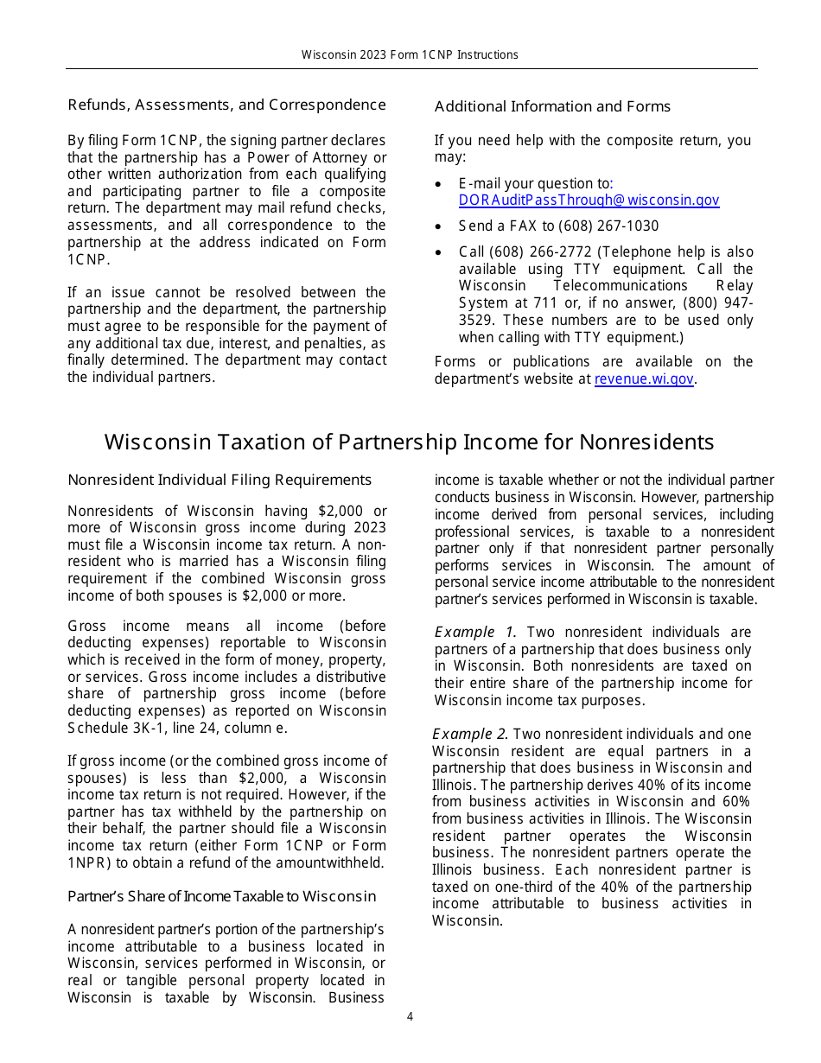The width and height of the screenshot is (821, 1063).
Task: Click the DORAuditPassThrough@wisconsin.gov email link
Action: point(589,201)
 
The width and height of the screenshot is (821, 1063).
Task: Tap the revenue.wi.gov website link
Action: point(644,379)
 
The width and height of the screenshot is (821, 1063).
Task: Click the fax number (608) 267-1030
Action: point(608,226)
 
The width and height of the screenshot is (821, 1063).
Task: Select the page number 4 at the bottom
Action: point(410,1016)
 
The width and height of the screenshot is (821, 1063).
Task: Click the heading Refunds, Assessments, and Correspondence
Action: point(226,105)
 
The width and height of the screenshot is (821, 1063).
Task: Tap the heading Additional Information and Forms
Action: point(552,107)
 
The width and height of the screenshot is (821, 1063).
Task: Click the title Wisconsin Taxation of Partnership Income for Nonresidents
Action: point(409,442)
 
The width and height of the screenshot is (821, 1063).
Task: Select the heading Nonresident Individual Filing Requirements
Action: point(220,481)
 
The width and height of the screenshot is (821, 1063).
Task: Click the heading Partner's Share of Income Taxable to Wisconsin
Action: point(221,896)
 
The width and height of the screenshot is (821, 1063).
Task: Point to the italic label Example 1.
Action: point(474,633)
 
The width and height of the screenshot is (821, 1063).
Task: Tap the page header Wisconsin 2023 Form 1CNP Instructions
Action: point(410,54)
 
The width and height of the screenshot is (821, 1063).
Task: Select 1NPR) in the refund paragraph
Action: point(87,862)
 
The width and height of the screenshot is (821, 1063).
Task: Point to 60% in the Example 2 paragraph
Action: point(736,802)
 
